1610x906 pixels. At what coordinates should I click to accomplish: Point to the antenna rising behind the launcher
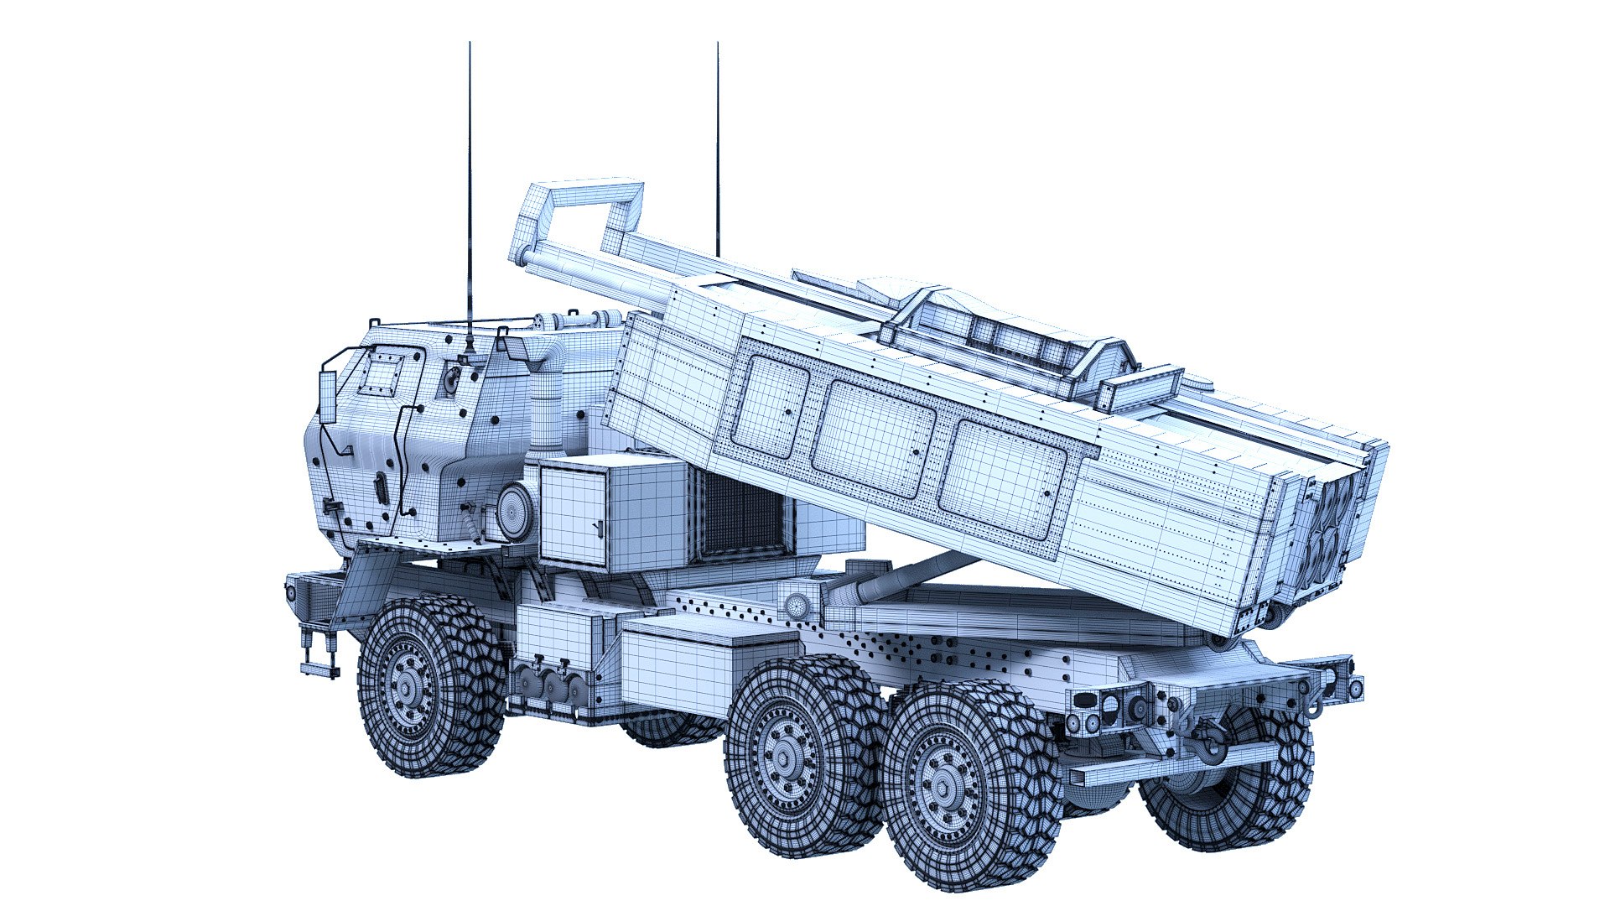(x=718, y=151)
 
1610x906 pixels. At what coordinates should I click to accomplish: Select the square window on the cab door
(x=385, y=373)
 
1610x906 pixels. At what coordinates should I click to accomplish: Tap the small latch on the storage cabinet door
(x=597, y=527)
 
